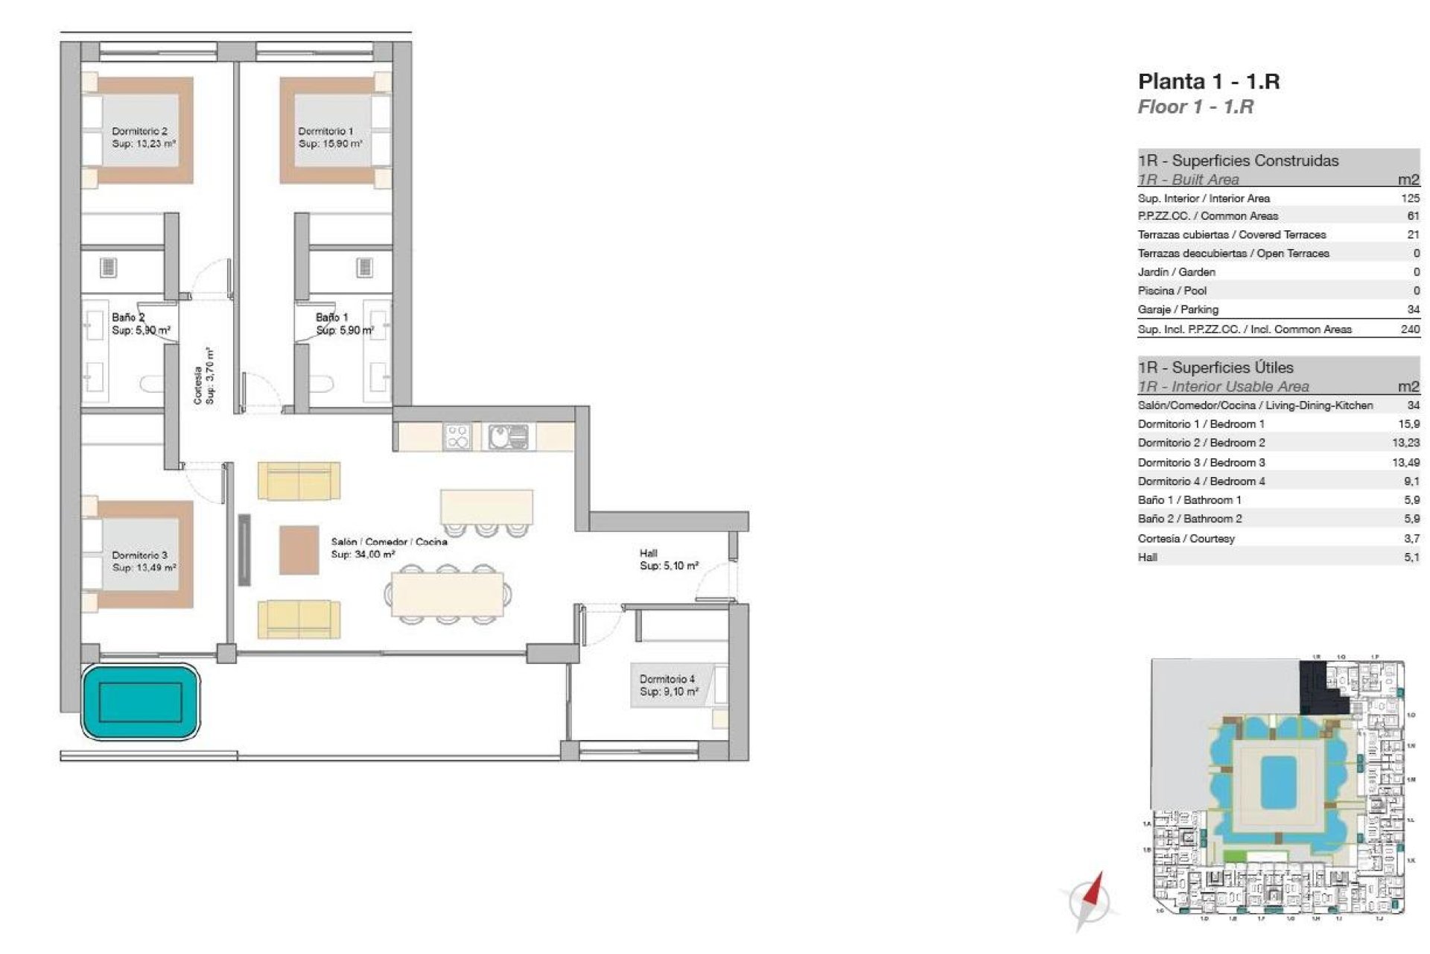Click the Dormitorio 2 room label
coord(140,131)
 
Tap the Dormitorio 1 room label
coord(326,131)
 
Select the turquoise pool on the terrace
coord(140,702)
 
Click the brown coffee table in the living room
coord(299,550)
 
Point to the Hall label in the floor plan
coord(648,553)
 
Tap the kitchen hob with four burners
coord(457,436)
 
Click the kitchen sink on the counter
coord(509,436)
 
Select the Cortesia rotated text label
coord(197,385)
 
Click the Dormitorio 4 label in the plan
coord(667,679)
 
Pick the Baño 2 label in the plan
coord(128,318)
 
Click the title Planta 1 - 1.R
coord(1208,81)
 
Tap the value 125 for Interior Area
coord(1410,198)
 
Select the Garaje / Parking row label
coord(1178,309)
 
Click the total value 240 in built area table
coord(1410,329)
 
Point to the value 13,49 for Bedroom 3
coord(1405,462)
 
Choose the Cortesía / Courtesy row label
coord(1186,538)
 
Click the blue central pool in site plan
coord(1278,782)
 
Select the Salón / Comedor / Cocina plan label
coord(389,542)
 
